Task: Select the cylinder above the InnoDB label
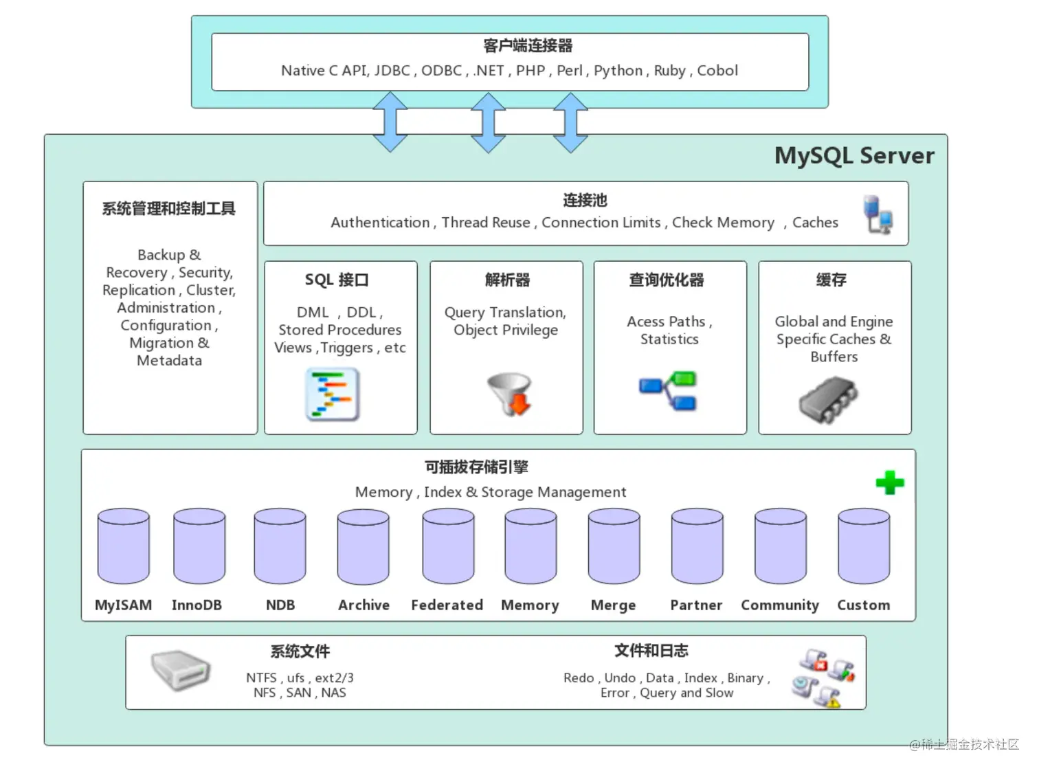click(199, 546)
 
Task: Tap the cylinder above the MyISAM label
click(124, 546)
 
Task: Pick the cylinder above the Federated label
click(448, 546)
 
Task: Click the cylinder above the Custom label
click(863, 546)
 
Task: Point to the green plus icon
click(890, 482)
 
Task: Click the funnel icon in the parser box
click(509, 394)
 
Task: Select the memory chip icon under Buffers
click(828, 399)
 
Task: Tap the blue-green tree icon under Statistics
click(668, 390)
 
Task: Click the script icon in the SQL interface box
click(332, 394)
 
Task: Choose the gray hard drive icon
click(180, 670)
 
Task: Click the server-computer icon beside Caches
click(878, 214)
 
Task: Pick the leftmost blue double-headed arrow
click(390, 122)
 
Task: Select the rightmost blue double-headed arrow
click(570, 122)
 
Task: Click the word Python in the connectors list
click(618, 71)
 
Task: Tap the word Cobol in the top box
click(717, 70)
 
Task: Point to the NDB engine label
click(280, 605)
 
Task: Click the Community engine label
click(779, 605)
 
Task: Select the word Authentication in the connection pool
click(380, 223)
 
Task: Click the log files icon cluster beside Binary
click(823, 678)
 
